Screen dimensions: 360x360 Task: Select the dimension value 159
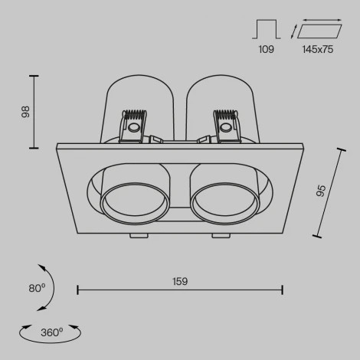(180, 280)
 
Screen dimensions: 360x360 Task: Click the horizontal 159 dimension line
(180, 290)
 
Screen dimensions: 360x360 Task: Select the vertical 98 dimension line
(33, 111)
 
